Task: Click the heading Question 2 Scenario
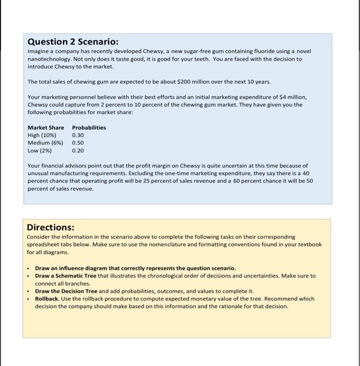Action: (73, 41)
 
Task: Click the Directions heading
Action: (51, 227)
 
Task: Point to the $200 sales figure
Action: (183, 82)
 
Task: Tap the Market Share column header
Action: (46, 128)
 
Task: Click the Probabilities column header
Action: (88, 128)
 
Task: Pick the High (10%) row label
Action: (42, 135)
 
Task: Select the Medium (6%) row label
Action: (45, 142)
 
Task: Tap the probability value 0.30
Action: (78, 135)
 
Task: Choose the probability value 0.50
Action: (78, 142)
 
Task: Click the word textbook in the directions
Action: (310, 244)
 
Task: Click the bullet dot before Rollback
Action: (29, 299)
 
